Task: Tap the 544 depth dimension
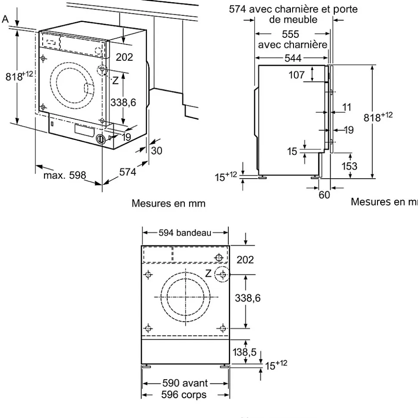pyautogui.click(x=293, y=58)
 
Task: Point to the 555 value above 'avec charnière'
pyautogui.click(x=293, y=34)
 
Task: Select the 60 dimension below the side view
pyautogui.click(x=324, y=195)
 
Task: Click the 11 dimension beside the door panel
pyautogui.click(x=347, y=107)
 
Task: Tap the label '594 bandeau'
pyautogui.click(x=185, y=233)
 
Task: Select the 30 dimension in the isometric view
pyautogui.click(x=157, y=152)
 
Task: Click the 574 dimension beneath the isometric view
pyautogui.click(x=128, y=172)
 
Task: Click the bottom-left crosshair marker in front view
pyautogui.click(x=149, y=328)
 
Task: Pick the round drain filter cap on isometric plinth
pyautogui.click(x=100, y=139)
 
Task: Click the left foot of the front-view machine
pyautogui.click(x=147, y=366)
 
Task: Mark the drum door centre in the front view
pyautogui.click(x=186, y=297)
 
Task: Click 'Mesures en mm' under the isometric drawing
pyautogui.click(x=168, y=203)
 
